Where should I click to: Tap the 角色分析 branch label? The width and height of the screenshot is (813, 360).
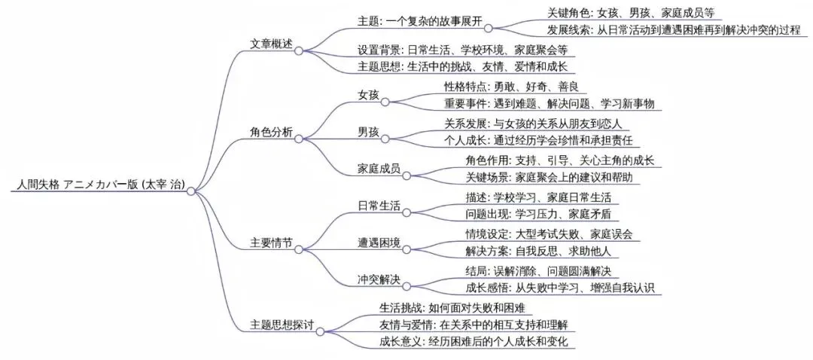point(271,130)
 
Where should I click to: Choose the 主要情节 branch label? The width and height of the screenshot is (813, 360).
point(271,244)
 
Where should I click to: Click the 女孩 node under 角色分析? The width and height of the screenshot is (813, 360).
point(368,95)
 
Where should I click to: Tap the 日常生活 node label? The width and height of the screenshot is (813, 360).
point(379,206)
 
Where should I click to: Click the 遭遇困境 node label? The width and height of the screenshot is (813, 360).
point(379,243)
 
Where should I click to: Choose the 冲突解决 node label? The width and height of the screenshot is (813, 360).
point(379,279)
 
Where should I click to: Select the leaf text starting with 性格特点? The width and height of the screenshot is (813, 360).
point(516,87)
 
